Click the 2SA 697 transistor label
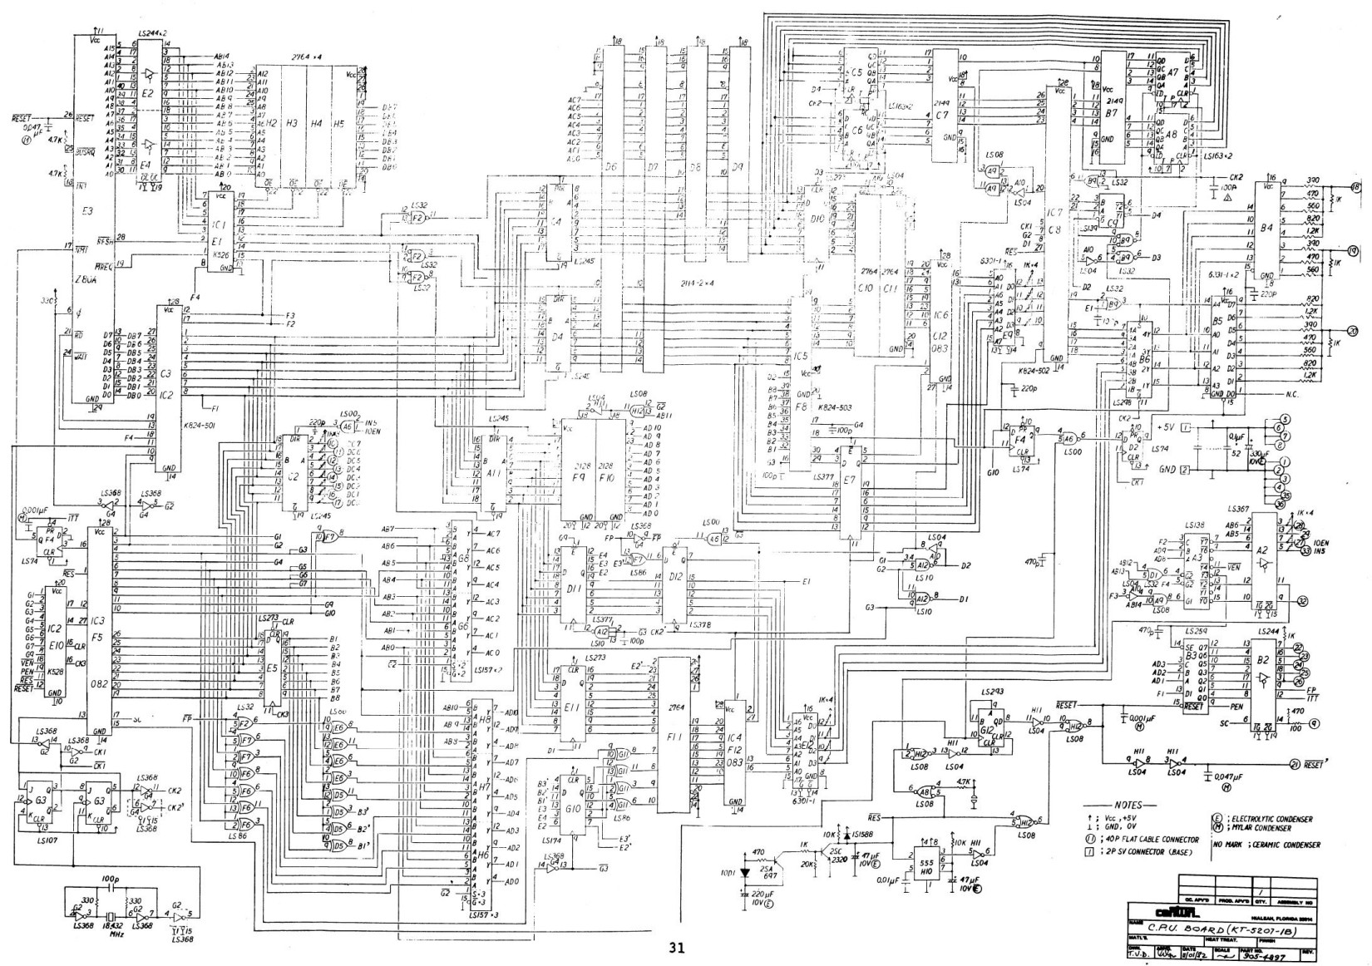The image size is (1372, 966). pos(768,873)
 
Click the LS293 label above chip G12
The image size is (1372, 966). pos(992,692)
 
